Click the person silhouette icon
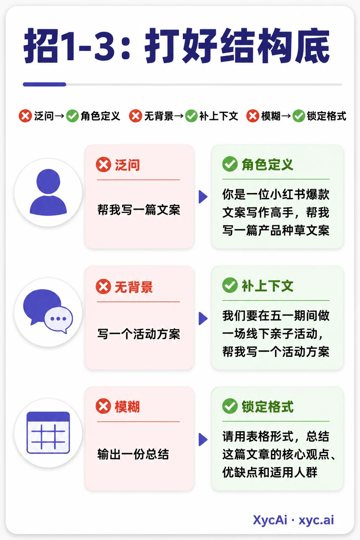pyautogui.click(x=48, y=192)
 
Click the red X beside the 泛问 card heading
pyautogui.click(x=103, y=165)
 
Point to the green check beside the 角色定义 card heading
pyautogui.click(x=230, y=164)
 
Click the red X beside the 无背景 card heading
pyautogui.click(x=103, y=287)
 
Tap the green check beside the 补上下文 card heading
pyautogui.click(x=230, y=285)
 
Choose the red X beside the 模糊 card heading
pyautogui.click(x=103, y=406)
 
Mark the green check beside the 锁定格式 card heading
pyautogui.click(x=230, y=406)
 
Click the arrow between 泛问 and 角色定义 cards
pyautogui.click(x=203, y=197)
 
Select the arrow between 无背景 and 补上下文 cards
pyautogui.click(x=203, y=319)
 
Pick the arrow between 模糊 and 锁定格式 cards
pyautogui.click(x=203, y=439)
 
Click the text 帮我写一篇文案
pyautogui.click(x=139, y=210)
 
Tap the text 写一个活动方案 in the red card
pyautogui.click(x=139, y=334)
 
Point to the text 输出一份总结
pyautogui.click(x=133, y=454)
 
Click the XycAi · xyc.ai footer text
pyautogui.click(x=294, y=520)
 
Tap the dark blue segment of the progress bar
pyautogui.click(x=45, y=84)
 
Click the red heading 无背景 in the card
pyautogui.click(x=134, y=287)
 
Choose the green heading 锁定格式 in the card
pyautogui.click(x=268, y=406)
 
